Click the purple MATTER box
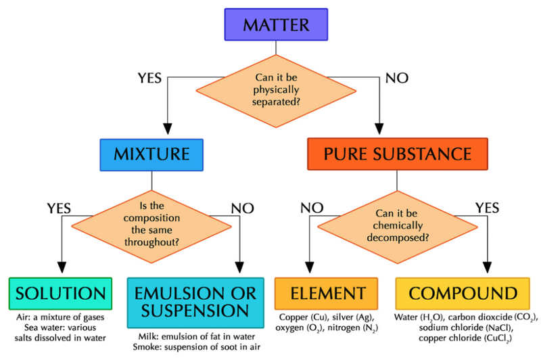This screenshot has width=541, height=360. pyautogui.click(x=277, y=25)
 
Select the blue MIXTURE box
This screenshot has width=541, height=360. pyautogui.click(x=151, y=154)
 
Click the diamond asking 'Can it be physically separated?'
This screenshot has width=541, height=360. pyautogui.click(x=277, y=88)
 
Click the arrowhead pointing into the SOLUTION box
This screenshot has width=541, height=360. pyautogui.click(x=62, y=267)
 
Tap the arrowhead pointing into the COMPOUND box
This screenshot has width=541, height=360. pyautogui.click(x=486, y=267)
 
